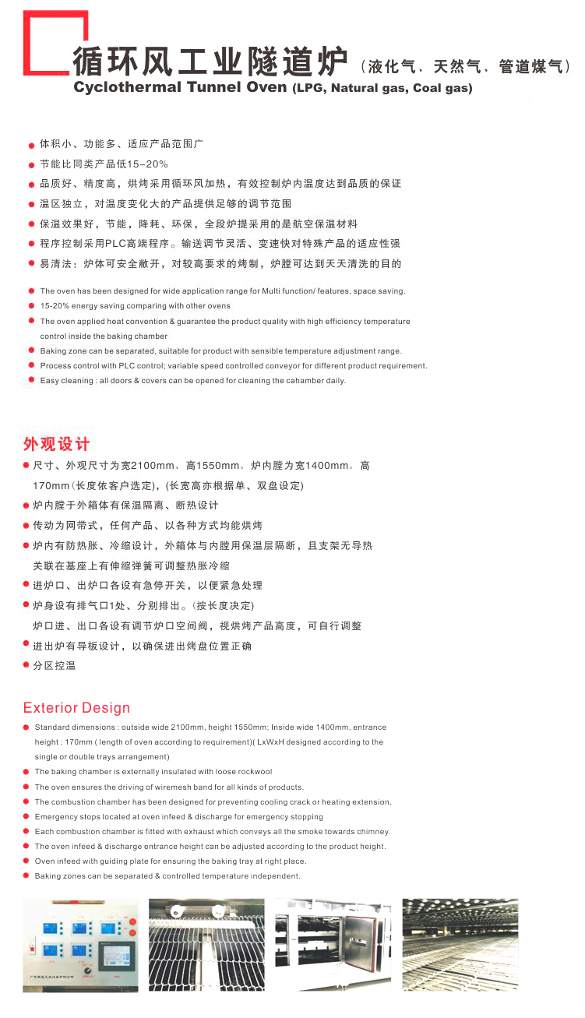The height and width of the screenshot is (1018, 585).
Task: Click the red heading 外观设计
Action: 56,444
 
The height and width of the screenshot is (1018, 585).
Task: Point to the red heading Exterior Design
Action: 76,708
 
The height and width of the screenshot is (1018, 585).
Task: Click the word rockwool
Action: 254,772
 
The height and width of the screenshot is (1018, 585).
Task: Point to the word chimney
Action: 374,832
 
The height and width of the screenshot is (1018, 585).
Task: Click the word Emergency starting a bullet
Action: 56,817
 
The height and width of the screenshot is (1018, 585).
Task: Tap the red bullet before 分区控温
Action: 26,666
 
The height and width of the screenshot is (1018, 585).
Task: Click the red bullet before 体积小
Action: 32,145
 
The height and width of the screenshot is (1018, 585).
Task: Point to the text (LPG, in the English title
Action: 309,88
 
